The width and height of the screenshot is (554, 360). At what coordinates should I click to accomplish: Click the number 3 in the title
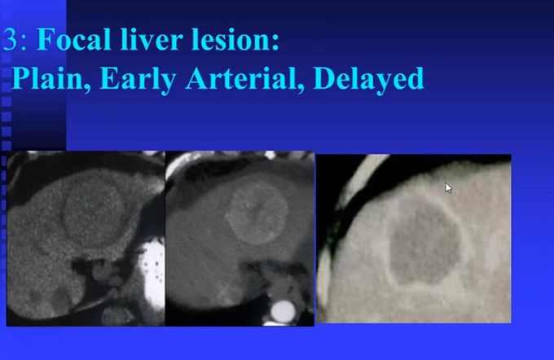click(10, 39)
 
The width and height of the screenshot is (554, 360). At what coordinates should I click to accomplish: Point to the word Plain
click(47, 78)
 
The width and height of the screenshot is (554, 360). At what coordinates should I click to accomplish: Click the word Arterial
click(240, 78)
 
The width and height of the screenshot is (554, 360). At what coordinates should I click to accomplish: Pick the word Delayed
click(368, 80)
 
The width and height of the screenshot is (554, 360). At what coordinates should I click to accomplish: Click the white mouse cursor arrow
click(448, 187)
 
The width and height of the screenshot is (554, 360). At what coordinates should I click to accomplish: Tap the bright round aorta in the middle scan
click(283, 312)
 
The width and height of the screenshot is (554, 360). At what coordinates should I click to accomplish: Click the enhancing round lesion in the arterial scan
click(257, 214)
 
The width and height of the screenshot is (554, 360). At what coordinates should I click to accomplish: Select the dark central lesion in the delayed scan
click(424, 243)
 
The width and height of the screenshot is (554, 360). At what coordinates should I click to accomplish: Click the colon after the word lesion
click(275, 41)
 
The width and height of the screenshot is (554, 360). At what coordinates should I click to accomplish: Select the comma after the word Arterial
click(301, 87)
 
